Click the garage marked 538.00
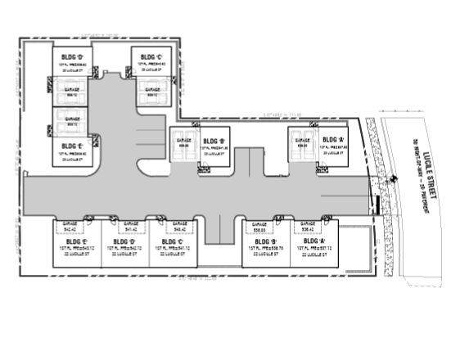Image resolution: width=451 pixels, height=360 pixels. (x=259, y=227)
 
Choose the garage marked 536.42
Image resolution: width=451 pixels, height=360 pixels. (x=309, y=227)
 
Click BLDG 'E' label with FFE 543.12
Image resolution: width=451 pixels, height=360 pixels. (x=74, y=242)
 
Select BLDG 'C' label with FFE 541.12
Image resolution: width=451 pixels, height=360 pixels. (x=169, y=242)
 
